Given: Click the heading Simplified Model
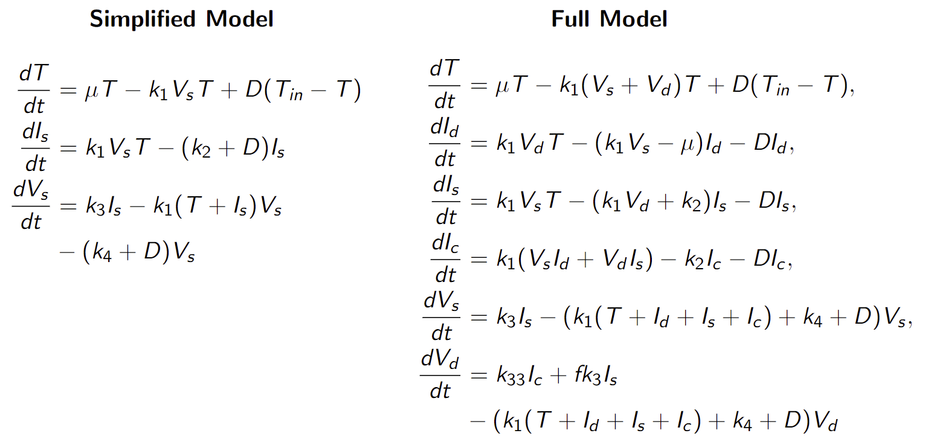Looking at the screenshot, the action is click(181, 19).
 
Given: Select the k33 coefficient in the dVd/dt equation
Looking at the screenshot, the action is click(515, 377).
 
